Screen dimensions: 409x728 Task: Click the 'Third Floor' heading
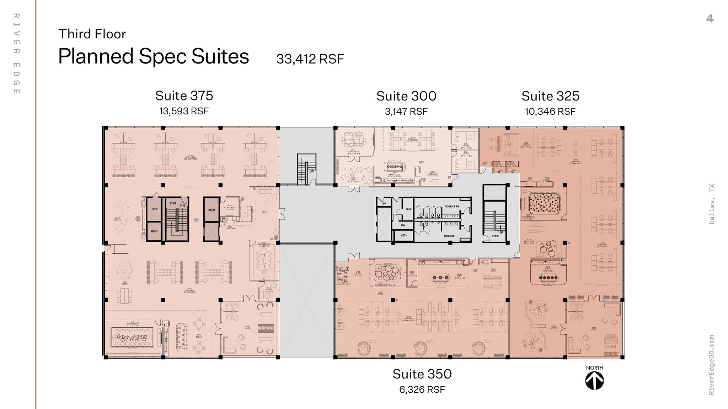(92, 34)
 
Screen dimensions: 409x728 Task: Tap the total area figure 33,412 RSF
(310, 59)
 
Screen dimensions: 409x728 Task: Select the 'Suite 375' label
(184, 96)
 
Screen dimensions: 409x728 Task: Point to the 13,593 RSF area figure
(184, 111)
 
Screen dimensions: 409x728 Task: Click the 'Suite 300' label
(406, 96)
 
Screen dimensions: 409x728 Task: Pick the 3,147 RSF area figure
(406, 111)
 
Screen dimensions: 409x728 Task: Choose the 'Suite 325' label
(550, 96)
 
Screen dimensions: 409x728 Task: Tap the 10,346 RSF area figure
(550, 111)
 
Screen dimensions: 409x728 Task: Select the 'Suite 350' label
(422, 374)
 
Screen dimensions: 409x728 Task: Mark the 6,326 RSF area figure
(422, 389)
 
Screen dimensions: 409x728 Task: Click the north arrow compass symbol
(594, 381)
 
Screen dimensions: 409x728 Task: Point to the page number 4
(710, 18)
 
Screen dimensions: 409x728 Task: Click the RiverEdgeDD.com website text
(711, 365)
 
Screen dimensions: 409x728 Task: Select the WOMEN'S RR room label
(451, 207)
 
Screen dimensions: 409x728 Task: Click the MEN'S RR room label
(449, 236)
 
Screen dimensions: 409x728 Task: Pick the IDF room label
(384, 203)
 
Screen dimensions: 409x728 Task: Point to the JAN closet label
(403, 225)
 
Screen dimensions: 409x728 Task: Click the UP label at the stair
(500, 233)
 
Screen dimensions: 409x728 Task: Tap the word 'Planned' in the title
(96, 57)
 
